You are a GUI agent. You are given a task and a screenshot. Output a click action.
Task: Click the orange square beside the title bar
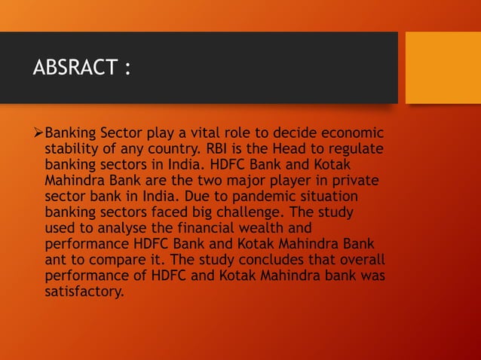443,68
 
